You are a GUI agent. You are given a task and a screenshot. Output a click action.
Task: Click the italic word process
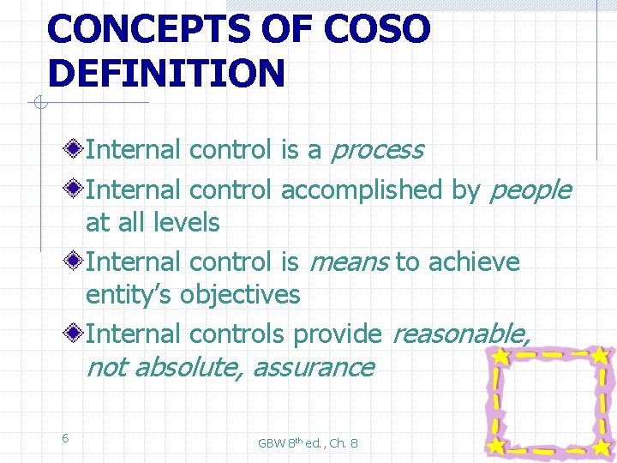point(377,151)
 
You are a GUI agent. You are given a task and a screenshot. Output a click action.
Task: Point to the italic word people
point(529,190)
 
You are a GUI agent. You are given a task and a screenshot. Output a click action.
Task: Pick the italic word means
point(347,262)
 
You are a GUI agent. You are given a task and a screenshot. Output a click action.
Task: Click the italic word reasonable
point(460,334)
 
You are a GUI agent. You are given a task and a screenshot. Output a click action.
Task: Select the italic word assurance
point(314,368)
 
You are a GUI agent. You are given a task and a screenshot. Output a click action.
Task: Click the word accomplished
point(362,190)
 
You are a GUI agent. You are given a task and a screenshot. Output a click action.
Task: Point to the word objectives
point(240,295)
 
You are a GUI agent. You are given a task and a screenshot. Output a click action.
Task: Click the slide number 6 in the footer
point(65,438)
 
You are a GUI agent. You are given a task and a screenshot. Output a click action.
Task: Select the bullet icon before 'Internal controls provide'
point(76,334)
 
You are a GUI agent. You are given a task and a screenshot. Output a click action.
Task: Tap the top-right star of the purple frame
point(601,354)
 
